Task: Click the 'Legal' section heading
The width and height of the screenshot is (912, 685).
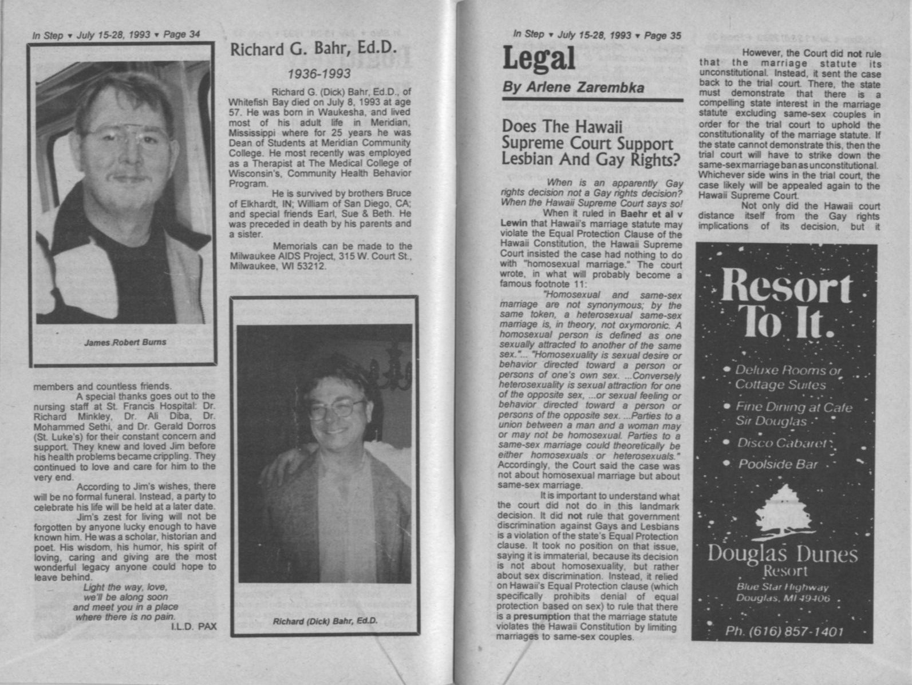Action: pos(539,58)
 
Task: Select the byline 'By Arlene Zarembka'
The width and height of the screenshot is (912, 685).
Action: pos(573,88)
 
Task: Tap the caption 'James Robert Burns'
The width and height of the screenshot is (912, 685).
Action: pos(125,342)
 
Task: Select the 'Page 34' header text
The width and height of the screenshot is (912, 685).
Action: pos(181,35)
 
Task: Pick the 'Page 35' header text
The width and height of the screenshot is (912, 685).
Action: pos(663,35)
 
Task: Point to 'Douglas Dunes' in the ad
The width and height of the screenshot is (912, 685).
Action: pos(783,553)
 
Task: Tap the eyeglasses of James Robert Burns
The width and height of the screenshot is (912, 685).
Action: pos(127,136)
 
